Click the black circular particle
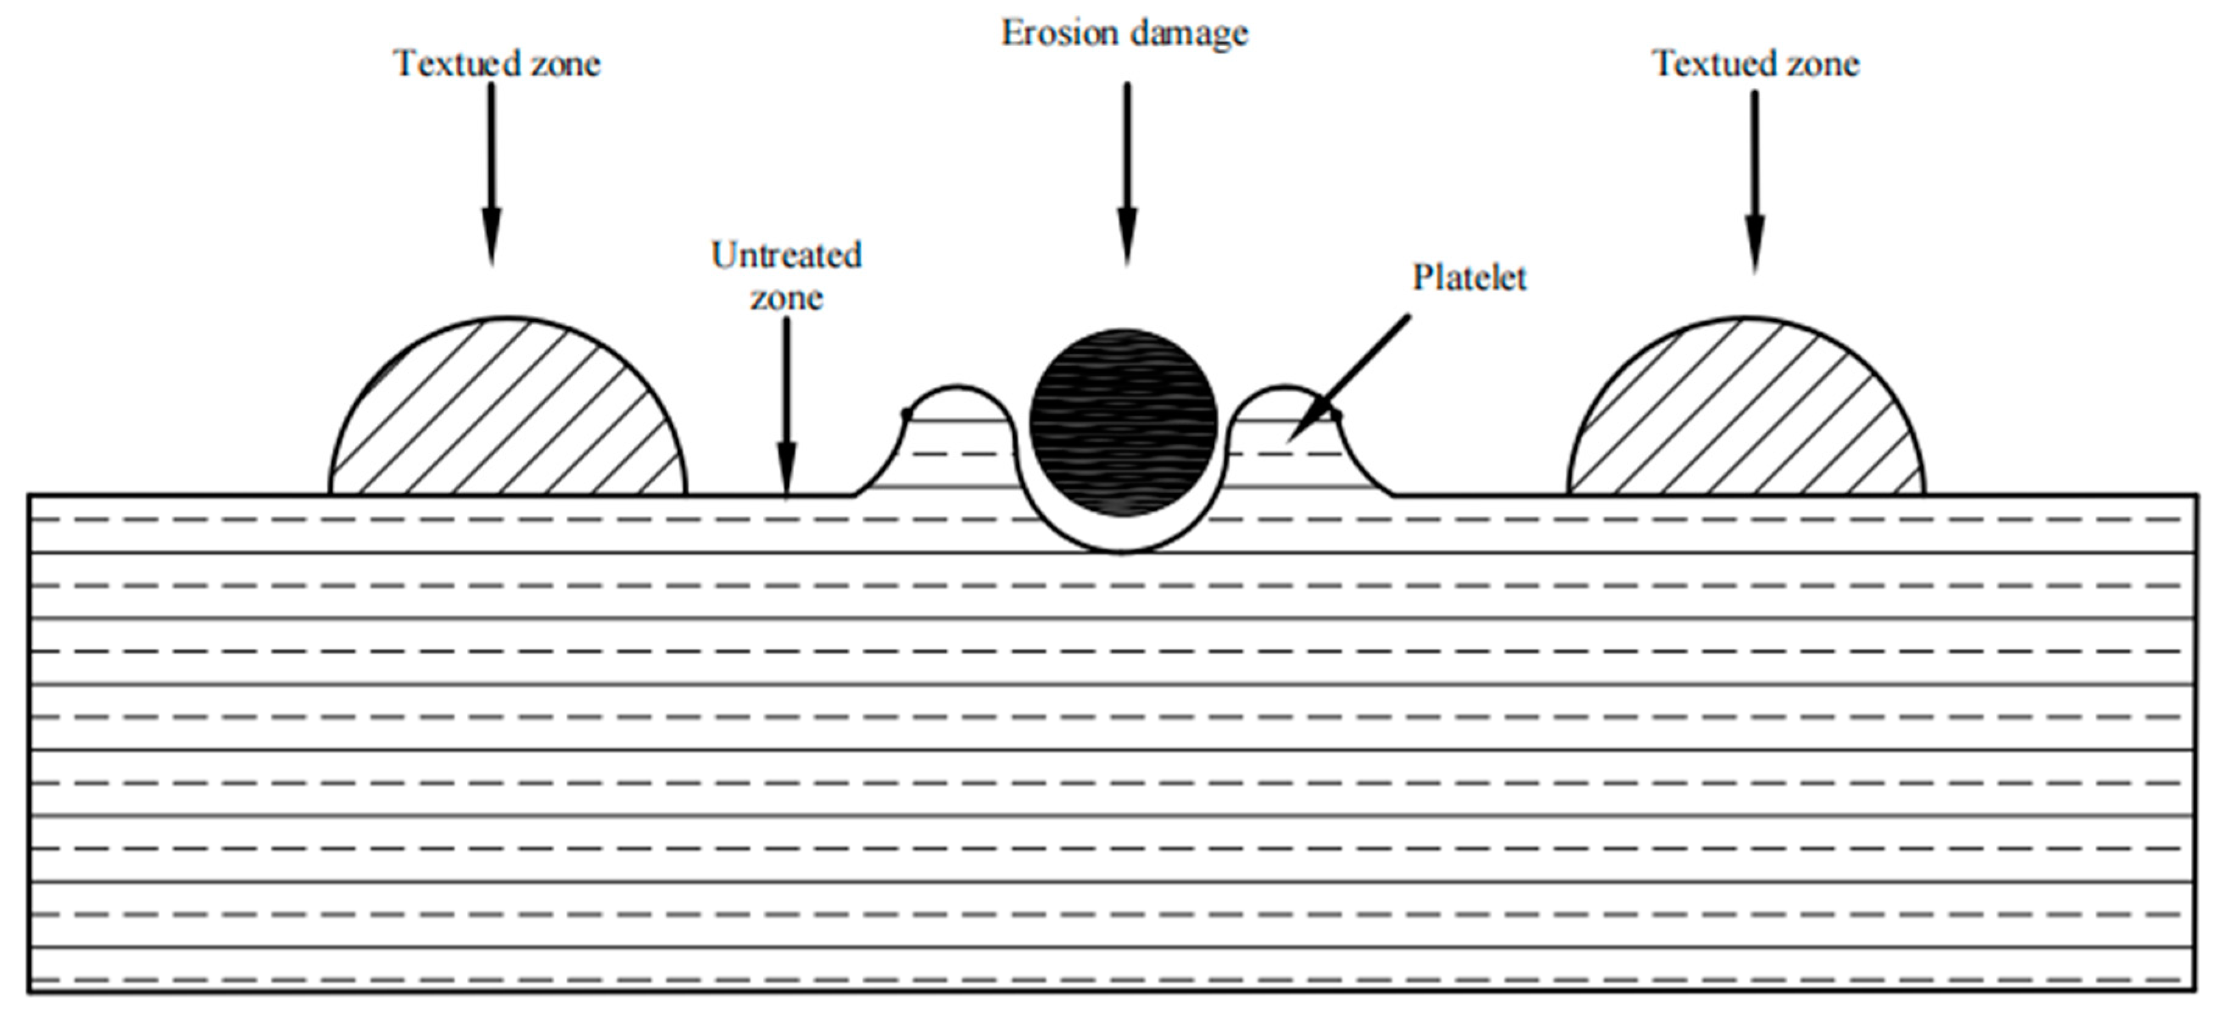point(1123,423)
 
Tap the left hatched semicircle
point(508,414)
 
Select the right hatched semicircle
point(1746,414)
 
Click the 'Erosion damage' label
point(1125,34)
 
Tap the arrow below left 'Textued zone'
point(492,172)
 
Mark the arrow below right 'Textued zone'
point(1754,181)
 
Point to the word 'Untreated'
point(786,255)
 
